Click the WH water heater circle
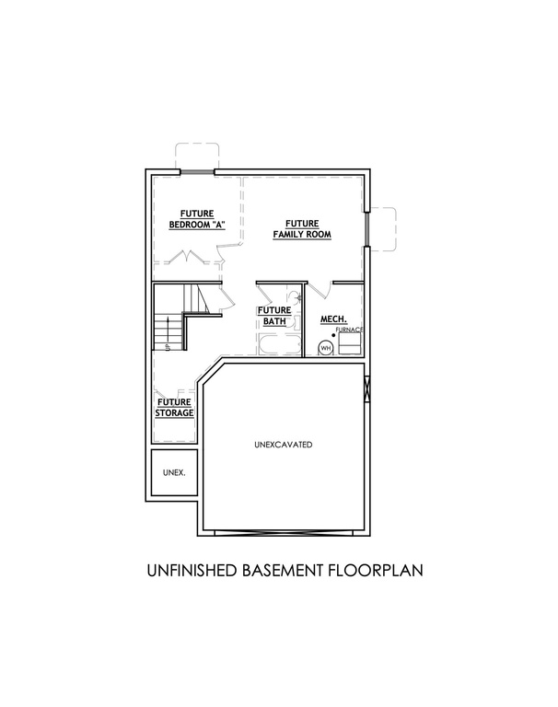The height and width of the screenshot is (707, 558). coord(325,348)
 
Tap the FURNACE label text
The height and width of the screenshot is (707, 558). coord(349,330)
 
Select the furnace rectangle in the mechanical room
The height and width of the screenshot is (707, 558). coord(350,344)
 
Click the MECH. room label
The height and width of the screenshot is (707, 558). coord(334,319)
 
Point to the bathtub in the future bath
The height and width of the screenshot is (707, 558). coord(280,344)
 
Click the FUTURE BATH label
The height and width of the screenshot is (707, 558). coord(274,316)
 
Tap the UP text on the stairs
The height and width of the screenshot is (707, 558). coord(167,347)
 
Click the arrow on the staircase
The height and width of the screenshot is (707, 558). coord(168,330)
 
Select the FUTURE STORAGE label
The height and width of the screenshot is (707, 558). coord(175,407)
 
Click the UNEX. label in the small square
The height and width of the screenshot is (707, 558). coord(174,472)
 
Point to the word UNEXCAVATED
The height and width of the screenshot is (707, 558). coord(284,445)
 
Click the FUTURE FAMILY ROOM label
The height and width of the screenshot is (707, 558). coord(302,229)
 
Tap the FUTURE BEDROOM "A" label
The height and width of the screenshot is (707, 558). coord(197,219)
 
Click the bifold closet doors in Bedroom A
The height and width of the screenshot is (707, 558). coord(186,256)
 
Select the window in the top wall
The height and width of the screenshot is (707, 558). coord(197,171)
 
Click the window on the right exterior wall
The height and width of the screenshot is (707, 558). coord(367,229)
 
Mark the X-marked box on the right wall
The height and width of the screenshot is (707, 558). coord(366,388)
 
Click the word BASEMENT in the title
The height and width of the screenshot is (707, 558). coord(283,571)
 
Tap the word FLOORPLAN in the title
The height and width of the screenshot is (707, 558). coord(376,571)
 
